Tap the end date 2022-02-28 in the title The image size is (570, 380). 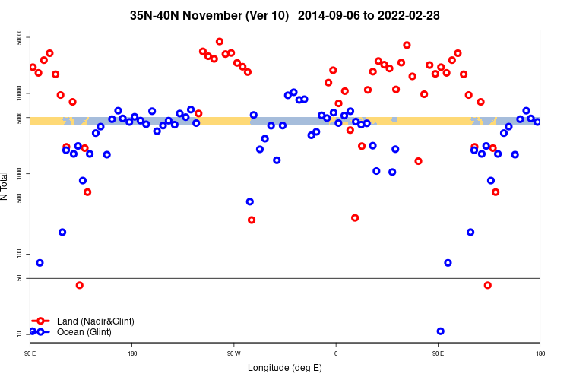point(410,15)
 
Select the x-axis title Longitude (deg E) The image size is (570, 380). point(285,368)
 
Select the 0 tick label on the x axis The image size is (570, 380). point(335,353)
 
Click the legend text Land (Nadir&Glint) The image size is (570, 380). point(96,321)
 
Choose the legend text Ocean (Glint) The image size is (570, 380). point(84,332)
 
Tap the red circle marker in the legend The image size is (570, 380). point(42,321)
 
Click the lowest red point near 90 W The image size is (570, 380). point(252,220)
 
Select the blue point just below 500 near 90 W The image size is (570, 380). point(250,201)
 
